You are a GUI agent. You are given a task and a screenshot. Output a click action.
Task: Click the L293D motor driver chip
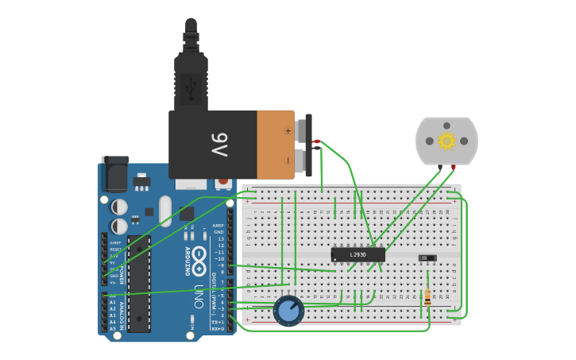tap(358, 254)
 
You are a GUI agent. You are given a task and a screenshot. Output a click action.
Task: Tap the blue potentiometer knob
tap(288, 311)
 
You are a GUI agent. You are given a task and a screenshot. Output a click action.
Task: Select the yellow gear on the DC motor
tap(446, 141)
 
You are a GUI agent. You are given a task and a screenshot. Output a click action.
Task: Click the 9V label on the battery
tap(218, 145)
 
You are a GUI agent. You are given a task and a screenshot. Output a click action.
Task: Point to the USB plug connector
tap(191, 79)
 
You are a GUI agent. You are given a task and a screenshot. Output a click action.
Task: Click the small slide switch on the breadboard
tap(427, 257)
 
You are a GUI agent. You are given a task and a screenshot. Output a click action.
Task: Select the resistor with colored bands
tap(428, 297)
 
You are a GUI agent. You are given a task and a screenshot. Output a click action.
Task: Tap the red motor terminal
tap(453, 167)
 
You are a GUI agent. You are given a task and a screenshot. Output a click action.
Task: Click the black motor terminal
tap(439, 167)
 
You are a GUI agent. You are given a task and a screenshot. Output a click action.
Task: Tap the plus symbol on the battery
tap(288, 130)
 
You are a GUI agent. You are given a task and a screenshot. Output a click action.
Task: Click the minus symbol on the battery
tap(288, 160)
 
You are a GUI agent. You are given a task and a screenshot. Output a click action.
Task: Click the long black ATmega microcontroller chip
tap(139, 294)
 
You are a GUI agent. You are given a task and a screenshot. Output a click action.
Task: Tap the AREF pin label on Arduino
tap(218, 226)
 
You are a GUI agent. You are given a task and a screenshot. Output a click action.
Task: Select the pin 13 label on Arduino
tap(220, 238)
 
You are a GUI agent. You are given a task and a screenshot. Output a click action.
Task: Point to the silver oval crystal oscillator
tap(165, 211)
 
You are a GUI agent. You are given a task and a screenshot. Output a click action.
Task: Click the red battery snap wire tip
tap(316, 141)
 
